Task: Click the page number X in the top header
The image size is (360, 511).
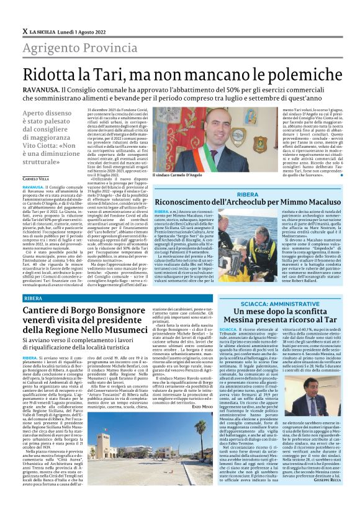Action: pyautogui.click(x=24, y=31)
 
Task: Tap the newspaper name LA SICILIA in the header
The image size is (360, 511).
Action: pyautogui.click(x=43, y=31)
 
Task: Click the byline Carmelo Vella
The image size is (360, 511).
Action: pyautogui.click(x=35, y=179)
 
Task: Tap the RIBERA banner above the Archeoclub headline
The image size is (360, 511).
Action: pyautogui.click(x=248, y=194)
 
